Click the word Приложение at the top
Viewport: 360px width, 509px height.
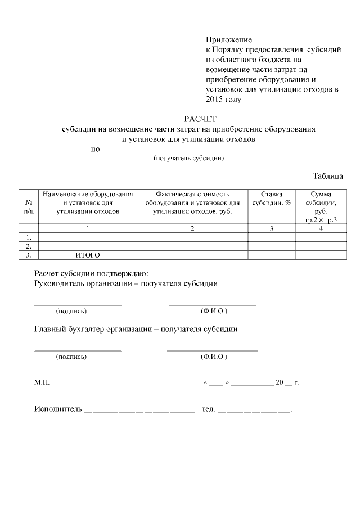pos(229,40)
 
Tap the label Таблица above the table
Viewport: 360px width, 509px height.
pos(328,176)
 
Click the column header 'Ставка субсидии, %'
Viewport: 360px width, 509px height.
pos(272,198)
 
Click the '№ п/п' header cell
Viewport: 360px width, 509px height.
pos(28,206)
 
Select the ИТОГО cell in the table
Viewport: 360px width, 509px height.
pos(88,255)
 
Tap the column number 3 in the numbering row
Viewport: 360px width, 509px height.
pos(272,228)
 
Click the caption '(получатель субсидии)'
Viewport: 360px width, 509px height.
pos(190,159)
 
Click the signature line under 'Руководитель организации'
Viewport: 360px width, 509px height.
pos(78,304)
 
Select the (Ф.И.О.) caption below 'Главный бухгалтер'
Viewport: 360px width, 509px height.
pos(214,357)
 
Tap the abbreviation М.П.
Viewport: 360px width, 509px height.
pos(42,382)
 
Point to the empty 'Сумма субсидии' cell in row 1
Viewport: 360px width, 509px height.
pos(321,237)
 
